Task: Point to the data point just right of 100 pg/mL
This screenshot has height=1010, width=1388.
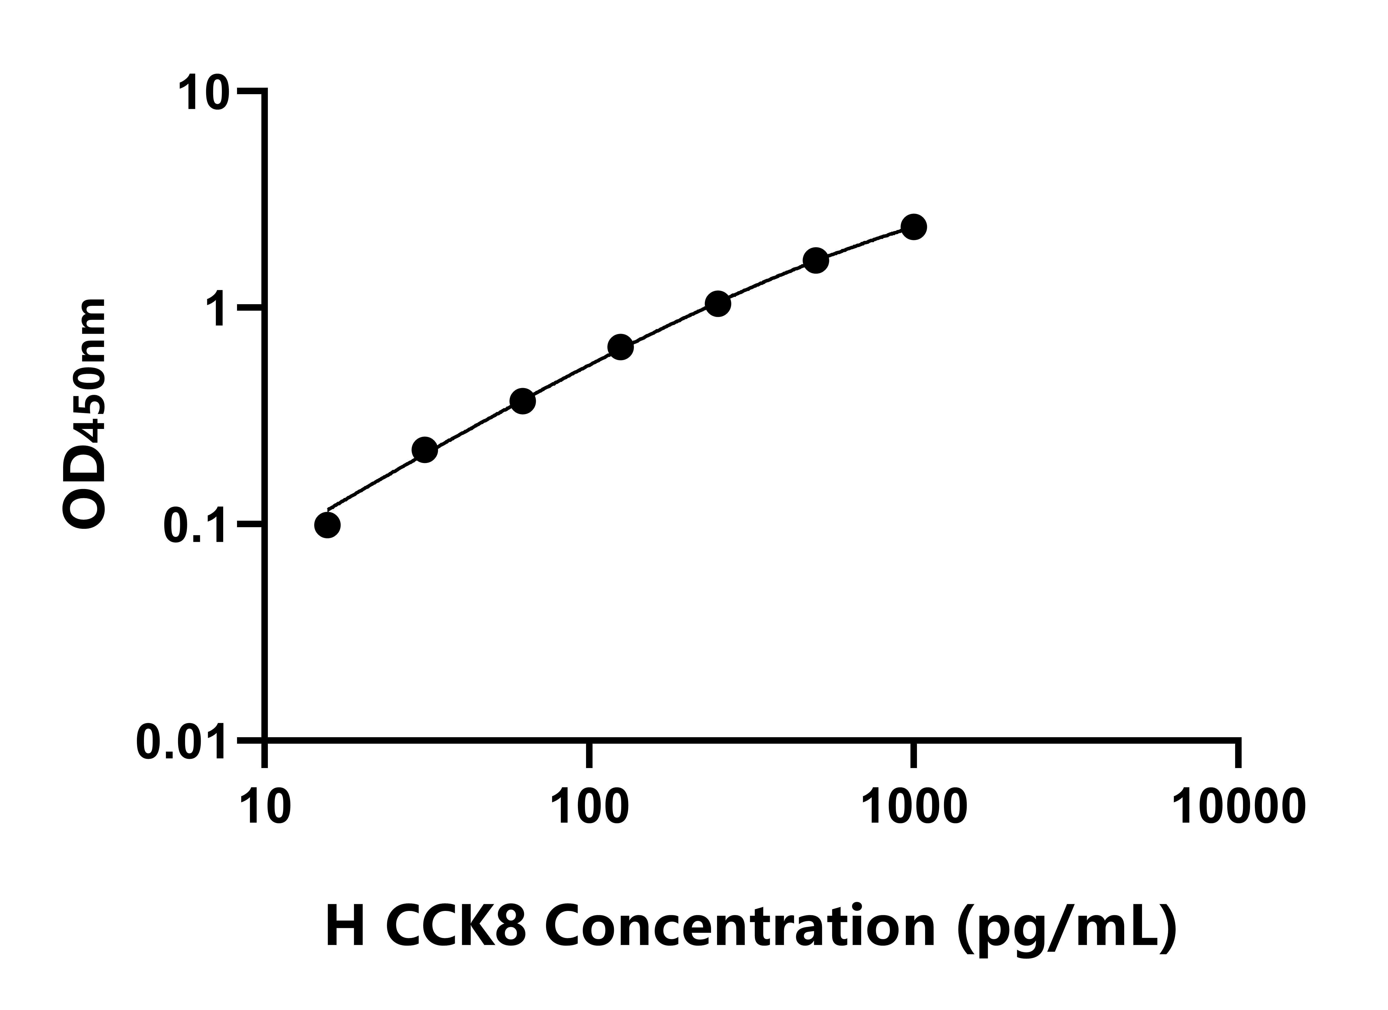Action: pyautogui.click(x=621, y=348)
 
